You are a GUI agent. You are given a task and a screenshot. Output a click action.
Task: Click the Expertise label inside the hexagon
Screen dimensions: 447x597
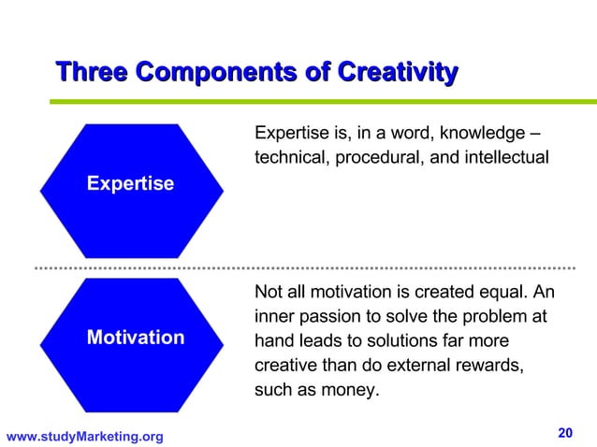pyautogui.click(x=130, y=184)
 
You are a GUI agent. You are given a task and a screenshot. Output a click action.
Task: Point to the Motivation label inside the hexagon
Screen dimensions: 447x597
pyautogui.click(x=135, y=337)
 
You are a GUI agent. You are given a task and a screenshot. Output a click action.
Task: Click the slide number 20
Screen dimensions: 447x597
pyautogui.click(x=564, y=432)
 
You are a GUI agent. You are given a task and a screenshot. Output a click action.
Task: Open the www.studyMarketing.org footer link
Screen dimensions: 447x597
pyautogui.click(x=84, y=436)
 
